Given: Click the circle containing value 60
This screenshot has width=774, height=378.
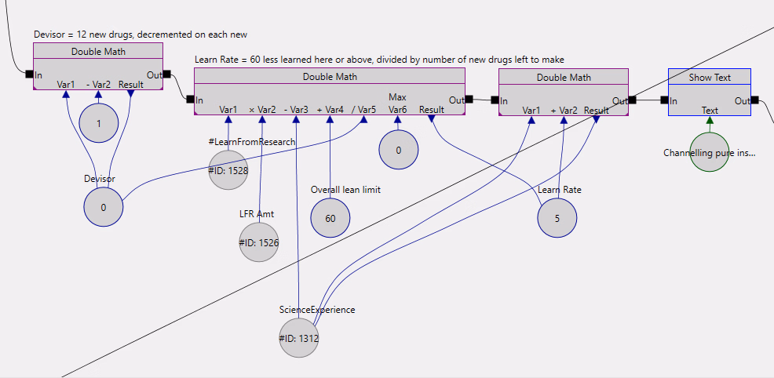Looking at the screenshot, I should (330, 218).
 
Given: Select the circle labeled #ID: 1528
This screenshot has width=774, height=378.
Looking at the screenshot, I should (228, 170).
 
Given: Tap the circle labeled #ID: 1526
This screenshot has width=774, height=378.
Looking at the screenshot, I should (259, 242).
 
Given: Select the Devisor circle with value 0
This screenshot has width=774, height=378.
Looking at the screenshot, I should (103, 208).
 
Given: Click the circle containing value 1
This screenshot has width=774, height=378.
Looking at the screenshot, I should (99, 124).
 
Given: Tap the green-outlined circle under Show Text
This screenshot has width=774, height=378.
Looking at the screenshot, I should (710, 152).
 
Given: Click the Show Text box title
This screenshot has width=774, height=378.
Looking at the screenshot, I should (710, 77).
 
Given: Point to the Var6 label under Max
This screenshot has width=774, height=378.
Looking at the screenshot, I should (397, 110).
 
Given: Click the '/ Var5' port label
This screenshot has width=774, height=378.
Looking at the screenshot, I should (364, 110).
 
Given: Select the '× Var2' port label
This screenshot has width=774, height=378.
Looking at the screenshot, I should (262, 110).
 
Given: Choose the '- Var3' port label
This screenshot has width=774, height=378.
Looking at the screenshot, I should (296, 110).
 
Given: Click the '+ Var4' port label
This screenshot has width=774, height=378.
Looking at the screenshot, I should (330, 110).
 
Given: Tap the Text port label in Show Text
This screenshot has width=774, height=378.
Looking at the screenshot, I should (710, 111).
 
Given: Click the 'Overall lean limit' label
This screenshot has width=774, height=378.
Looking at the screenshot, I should (345, 190).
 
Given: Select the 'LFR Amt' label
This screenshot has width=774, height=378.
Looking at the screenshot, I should (257, 213).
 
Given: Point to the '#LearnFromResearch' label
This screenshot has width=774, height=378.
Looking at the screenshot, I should (252, 142).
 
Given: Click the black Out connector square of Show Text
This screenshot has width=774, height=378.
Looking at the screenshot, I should (755, 100).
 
